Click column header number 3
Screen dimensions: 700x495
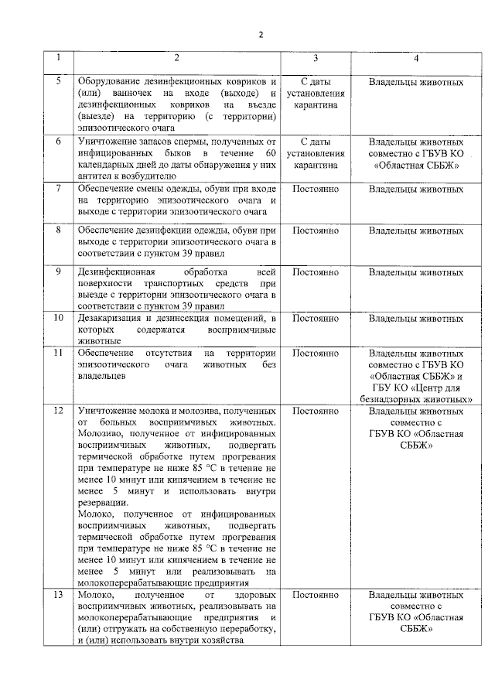point(316,59)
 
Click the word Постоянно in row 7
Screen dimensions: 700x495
point(316,189)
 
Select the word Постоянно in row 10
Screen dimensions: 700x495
point(316,318)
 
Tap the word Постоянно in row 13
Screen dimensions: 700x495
point(316,596)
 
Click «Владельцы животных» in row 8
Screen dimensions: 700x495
point(416,230)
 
